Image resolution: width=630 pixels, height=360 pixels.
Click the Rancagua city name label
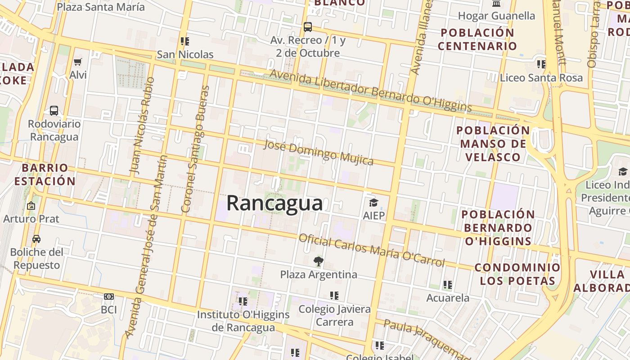pyautogui.click(x=274, y=203)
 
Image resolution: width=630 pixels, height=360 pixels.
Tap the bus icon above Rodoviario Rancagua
pyautogui.click(x=54, y=110)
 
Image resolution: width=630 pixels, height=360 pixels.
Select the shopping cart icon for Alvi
pyautogui.click(x=78, y=62)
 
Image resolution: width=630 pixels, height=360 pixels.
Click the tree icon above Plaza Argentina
pyautogui.click(x=318, y=261)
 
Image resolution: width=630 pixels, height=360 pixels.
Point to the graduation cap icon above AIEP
pyautogui.click(x=373, y=202)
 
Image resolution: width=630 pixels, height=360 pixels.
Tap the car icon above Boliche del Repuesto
pyautogui.click(x=36, y=238)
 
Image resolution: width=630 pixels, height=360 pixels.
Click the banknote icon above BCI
pyautogui.click(x=108, y=297)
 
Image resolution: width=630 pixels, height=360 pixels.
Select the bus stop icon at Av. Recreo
pyautogui.click(x=308, y=27)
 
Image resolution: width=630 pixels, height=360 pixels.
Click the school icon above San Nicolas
pyautogui.click(x=185, y=41)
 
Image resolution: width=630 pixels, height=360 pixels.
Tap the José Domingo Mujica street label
pyautogui.click(x=318, y=152)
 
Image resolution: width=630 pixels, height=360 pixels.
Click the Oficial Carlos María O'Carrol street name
pyautogui.click(x=371, y=250)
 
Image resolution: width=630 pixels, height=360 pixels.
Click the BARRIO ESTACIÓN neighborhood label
pyautogui.click(x=45, y=175)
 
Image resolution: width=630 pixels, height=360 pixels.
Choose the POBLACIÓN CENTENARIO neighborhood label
pyautogui.click(x=477, y=39)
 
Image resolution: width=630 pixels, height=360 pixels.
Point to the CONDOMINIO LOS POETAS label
pyautogui.click(x=517, y=274)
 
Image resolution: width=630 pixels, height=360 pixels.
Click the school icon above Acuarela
pyautogui.click(x=447, y=284)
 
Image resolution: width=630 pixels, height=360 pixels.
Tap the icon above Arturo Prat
pyautogui.click(x=31, y=206)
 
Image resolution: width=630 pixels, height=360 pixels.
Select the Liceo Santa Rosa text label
pyautogui.click(x=541, y=78)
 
